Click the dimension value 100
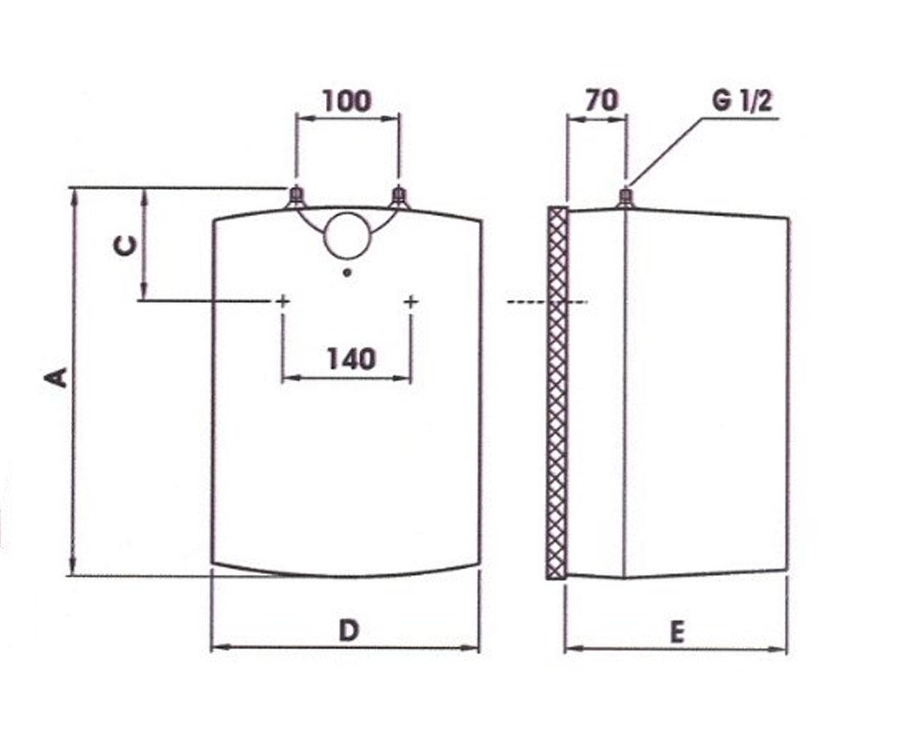pyautogui.click(x=347, y=101)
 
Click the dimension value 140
pyautogui.click(x=351, y=359)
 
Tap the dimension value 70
pyautogui.click(x=601, y=100)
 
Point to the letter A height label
pyautogui.click(x=56, y=378)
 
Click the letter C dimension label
pyautogui.click(x=125, y=246)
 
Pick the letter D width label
pyautogui.click(x=348, y=631)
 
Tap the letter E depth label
pyautogui.click(x=677, y=633)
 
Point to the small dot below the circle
pyautogui.click(x=347, y=273)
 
